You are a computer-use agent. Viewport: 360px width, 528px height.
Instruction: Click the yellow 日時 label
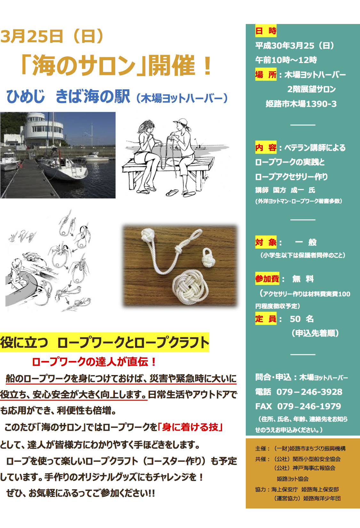tap(266, 31)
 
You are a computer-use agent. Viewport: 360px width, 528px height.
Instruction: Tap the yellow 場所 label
tap(266, 75)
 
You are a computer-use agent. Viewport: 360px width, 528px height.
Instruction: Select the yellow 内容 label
tap(266, 148)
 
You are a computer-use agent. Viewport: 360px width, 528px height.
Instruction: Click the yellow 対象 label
tap(266, 242)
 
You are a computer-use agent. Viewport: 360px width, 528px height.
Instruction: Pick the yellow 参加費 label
tap(267, 279)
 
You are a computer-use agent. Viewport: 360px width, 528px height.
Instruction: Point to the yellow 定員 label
tap(266, 319)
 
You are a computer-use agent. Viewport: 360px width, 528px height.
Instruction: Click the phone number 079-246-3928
tap(309, 392)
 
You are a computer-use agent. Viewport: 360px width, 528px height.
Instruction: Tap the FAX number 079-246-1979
tap(309, 406)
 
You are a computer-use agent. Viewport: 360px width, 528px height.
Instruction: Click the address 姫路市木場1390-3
tap(301, 104)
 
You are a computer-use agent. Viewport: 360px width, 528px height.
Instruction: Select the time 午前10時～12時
tap(286, 60)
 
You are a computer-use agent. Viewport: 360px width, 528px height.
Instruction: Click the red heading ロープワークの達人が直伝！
tap(94, 362)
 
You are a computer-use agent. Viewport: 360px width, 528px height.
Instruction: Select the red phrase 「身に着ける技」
tap(190, 427)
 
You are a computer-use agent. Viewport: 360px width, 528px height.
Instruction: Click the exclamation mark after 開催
tap(208, 66)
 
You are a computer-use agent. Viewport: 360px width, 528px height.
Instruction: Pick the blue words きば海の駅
tap(93, 96)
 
